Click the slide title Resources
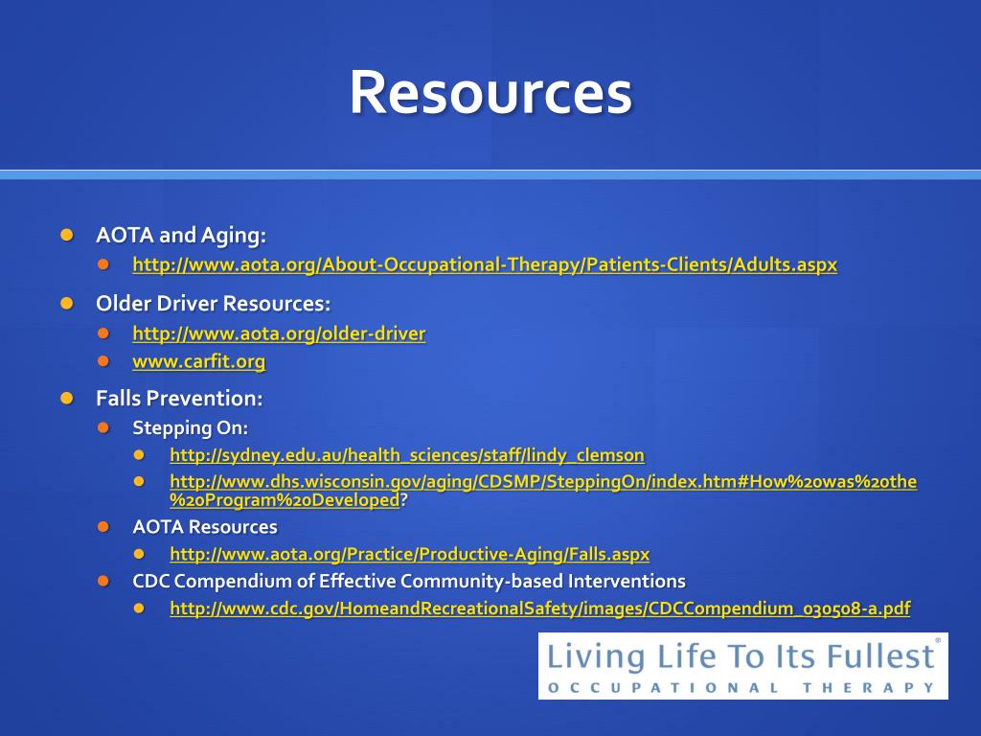(x=490, y=93)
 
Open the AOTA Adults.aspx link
(x=484, y=264)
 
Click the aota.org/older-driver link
(x=279, y=333)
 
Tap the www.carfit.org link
(x=198, y=361)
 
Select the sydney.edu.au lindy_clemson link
(x=407, y=455)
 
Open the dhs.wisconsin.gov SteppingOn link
(x=542, y=482)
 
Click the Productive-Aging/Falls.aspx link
(x=409, y=554)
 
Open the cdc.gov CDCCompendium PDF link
(x=539, y=609)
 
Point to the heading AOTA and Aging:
(x=181, y=235)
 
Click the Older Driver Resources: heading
(x=213, y=304)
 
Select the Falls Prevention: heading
(x=179, y=398)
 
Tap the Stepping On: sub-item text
(x=190, y=427)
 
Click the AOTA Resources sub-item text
(x=205, y=527)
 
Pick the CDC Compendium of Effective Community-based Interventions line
(x=409, y=582)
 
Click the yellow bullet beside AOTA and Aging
(x=66, y=235)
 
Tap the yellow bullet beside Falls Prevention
(x=66, y=398)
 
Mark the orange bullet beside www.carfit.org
(x=103, y=362)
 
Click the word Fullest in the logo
(x=878, y=656)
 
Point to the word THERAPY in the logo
(x=886, y=687)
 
